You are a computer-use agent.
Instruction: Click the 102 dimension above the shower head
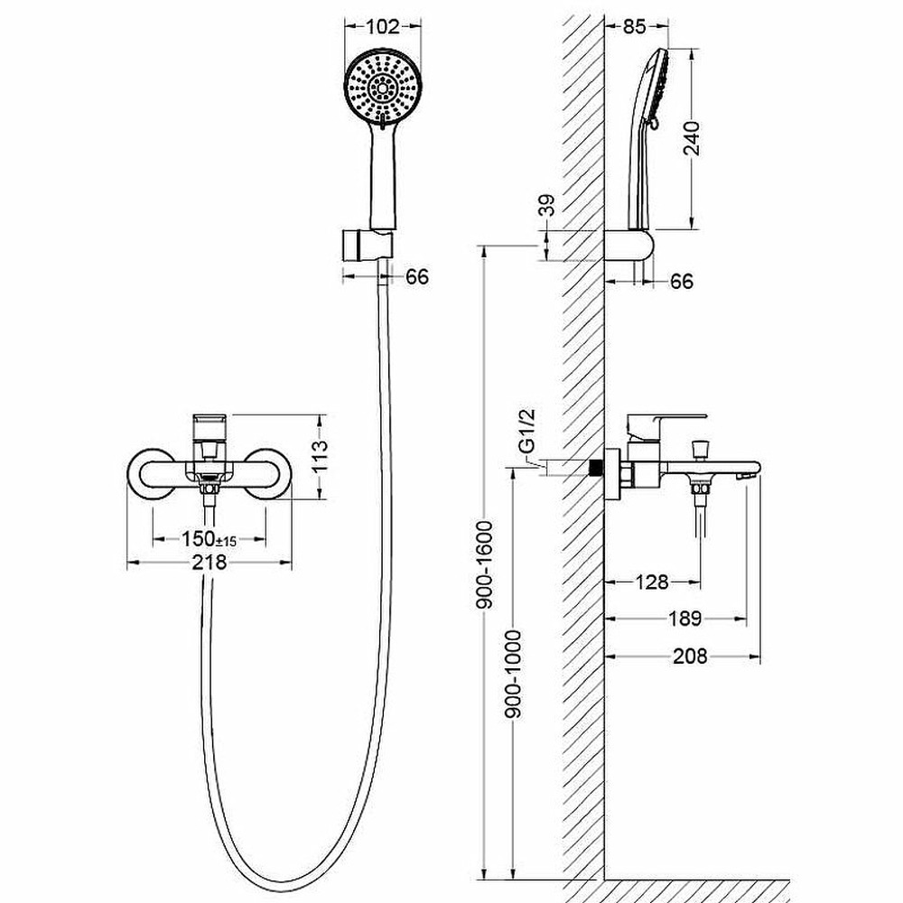[382, 26]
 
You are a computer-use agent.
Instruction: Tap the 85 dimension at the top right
[635, 26]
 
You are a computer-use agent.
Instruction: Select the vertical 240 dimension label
[691, 138]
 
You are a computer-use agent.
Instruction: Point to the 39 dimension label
[548, 205]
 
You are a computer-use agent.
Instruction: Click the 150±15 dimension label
[209, 539]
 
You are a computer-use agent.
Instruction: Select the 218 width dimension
[209, 562]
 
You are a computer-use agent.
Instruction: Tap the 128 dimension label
[652, 582]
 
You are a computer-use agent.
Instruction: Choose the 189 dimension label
[685, 619]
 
